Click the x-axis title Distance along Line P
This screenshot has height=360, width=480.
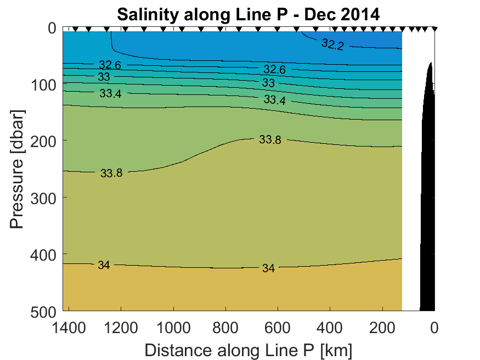tap(248, 350)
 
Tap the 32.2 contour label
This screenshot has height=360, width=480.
tap(332, 45)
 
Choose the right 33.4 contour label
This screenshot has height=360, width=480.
tap(274, 100)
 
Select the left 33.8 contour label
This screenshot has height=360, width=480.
tap(111, 173)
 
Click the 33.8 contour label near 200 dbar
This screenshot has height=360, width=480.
tap(270, 140)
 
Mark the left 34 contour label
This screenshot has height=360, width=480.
tap(104, 266)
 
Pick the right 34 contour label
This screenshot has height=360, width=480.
tap(268, 268)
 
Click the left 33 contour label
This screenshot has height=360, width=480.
tap(104, 77)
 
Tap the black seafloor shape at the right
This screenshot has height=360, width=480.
tap(428, 220)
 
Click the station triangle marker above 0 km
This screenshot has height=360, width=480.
tap(434, 29)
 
